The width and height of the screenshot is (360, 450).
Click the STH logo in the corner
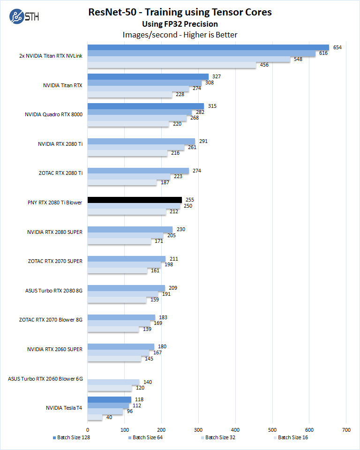click(24, 17)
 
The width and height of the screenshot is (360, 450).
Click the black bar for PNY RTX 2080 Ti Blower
click(135, 200)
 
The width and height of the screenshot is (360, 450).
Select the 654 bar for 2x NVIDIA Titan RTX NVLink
click(208, 47)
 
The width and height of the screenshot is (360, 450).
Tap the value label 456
click(264, 65)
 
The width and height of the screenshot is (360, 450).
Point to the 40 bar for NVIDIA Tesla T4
click(95, 417)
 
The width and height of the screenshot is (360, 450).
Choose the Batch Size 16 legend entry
click(290, 438)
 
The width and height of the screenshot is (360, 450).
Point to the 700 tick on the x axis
click(346, 429)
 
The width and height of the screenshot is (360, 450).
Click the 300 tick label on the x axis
click(198, 429)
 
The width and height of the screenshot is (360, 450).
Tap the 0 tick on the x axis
click(88, 429)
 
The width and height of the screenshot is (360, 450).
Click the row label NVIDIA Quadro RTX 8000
click(54, 115)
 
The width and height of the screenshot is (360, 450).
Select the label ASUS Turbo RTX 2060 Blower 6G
click(45, 379)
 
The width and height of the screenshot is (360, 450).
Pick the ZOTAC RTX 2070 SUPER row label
click(55, 261)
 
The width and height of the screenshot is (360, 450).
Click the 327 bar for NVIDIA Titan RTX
click(148, 76)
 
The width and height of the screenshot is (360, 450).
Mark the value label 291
click(202, 141)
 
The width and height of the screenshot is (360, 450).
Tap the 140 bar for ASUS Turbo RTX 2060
click(113, 382)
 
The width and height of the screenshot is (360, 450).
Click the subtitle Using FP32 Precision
click(180, 24)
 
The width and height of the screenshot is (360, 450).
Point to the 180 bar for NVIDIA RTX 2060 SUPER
click(120, 347)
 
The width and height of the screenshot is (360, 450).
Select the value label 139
click(147, 329)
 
